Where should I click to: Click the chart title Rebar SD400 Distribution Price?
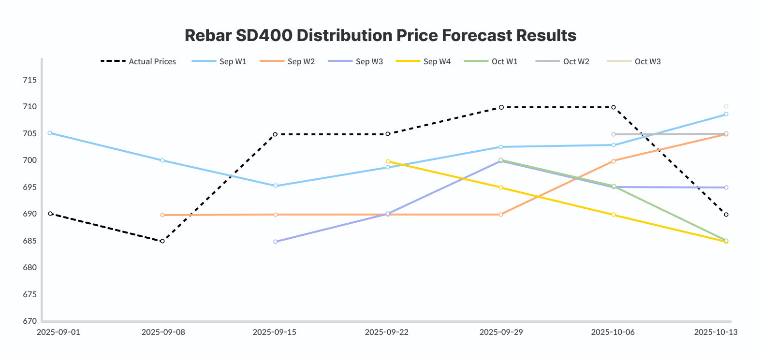(x=380, y=35)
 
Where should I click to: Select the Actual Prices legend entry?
(x=138, y=61)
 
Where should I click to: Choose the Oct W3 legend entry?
(x=634, y=61)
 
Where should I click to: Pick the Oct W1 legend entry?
(x=491, y=61)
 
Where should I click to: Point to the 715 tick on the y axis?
(x=29, y=80)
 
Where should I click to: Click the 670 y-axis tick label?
(x=29, y=321)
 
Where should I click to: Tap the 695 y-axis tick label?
(x=29, y=187)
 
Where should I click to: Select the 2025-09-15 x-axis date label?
(x=275, y=332)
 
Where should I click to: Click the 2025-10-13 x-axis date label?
(x=716, y=332)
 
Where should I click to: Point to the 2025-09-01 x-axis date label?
(x=59, y=332)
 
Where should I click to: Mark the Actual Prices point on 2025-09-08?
(x=162, y=241)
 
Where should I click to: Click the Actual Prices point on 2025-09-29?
(x=501, y=107)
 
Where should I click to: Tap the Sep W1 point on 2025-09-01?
(x=50, y=133)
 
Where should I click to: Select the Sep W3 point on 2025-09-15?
(x=276, y=242)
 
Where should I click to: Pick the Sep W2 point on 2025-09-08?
(x=162, y=215)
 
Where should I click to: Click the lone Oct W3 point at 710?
(x=726, y=106)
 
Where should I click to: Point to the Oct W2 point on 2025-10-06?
(x=614, y=134)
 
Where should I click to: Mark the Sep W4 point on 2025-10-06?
(x=614, y=215)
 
